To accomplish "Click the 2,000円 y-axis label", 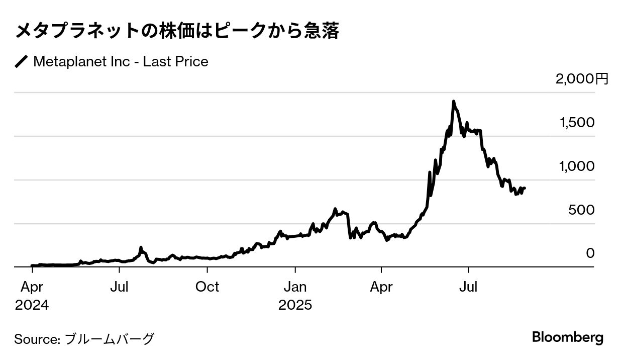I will coord(582,79).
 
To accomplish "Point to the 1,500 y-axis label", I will coord(577,123).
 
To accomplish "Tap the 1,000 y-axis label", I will coord(577,166).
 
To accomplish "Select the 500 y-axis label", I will coord(582,210).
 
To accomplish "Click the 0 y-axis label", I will coord(590,253).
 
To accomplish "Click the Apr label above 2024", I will coord(32,287).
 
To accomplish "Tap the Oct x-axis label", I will coord(207,287).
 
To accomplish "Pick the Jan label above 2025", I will coord(295,287).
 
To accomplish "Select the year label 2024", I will coord(32,305).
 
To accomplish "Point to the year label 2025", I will coord(295,305).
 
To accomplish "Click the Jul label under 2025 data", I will coord(469,287).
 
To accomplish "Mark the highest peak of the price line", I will coord(453,102).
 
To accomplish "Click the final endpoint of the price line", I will coord(525,188).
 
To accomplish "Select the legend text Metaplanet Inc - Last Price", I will coord(121,62).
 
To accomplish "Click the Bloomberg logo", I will coord(568,337).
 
